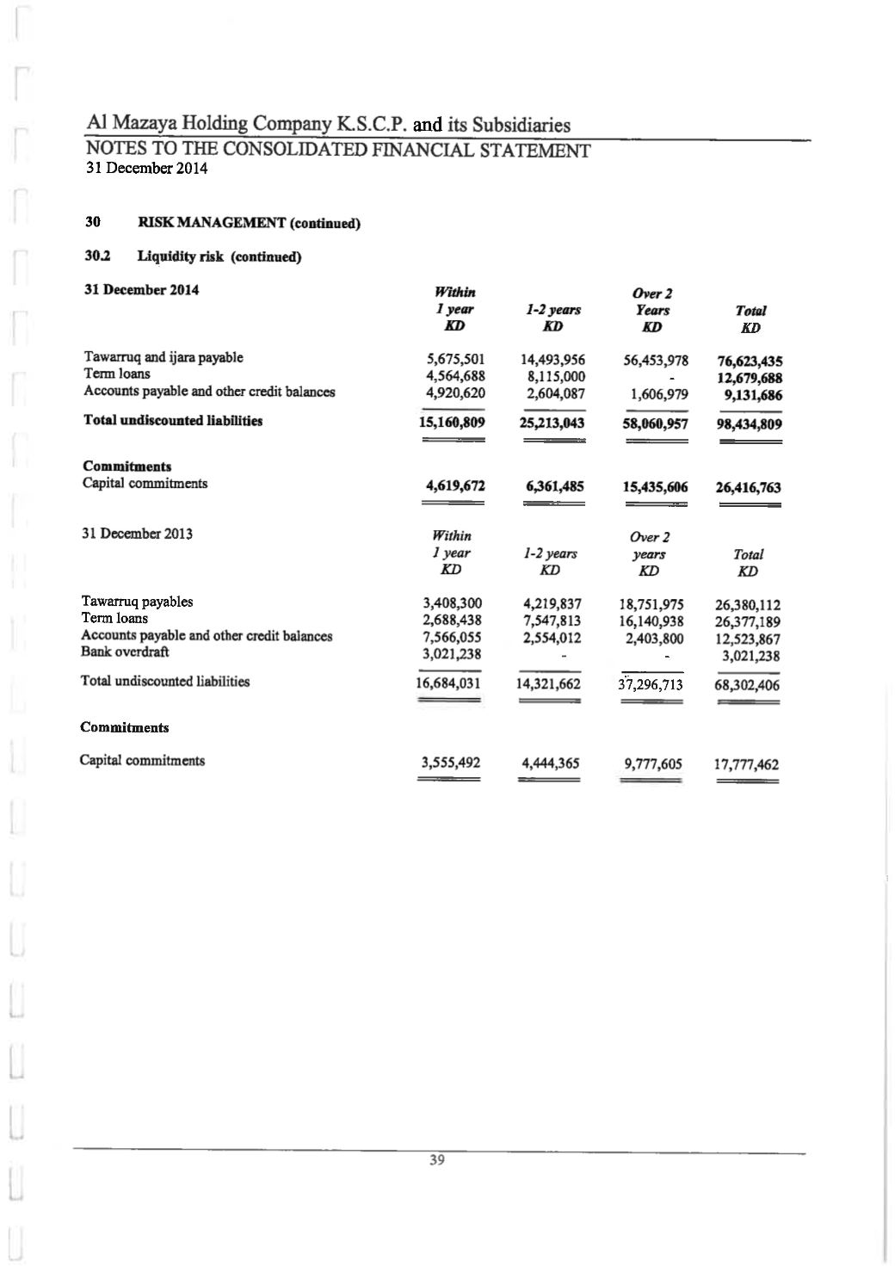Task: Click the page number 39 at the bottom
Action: tap(437, 1160)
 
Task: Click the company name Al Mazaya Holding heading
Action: tap(328, 124)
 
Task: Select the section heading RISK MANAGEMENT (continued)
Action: tap(249, 223)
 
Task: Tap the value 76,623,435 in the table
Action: tap(749, 361)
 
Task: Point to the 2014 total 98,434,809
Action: tap(749, 423)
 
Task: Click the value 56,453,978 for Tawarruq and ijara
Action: tap(655, 361)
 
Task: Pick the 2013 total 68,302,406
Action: tap(747, 686)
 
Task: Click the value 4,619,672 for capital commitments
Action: tap(455, 486)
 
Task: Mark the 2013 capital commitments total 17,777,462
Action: tap(746, 764)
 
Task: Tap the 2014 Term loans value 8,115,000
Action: tap(553, 377)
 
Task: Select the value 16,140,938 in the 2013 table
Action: tap(651, 621)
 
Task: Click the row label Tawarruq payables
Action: tap(137, 602)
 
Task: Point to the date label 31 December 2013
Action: tap(137, 534)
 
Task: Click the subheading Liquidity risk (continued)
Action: tap(219, 256)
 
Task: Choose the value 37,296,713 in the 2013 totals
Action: tap(651, 685)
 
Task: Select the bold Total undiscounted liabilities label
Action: tap(173, 420)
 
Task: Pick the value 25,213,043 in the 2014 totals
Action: tap(552, 423)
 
